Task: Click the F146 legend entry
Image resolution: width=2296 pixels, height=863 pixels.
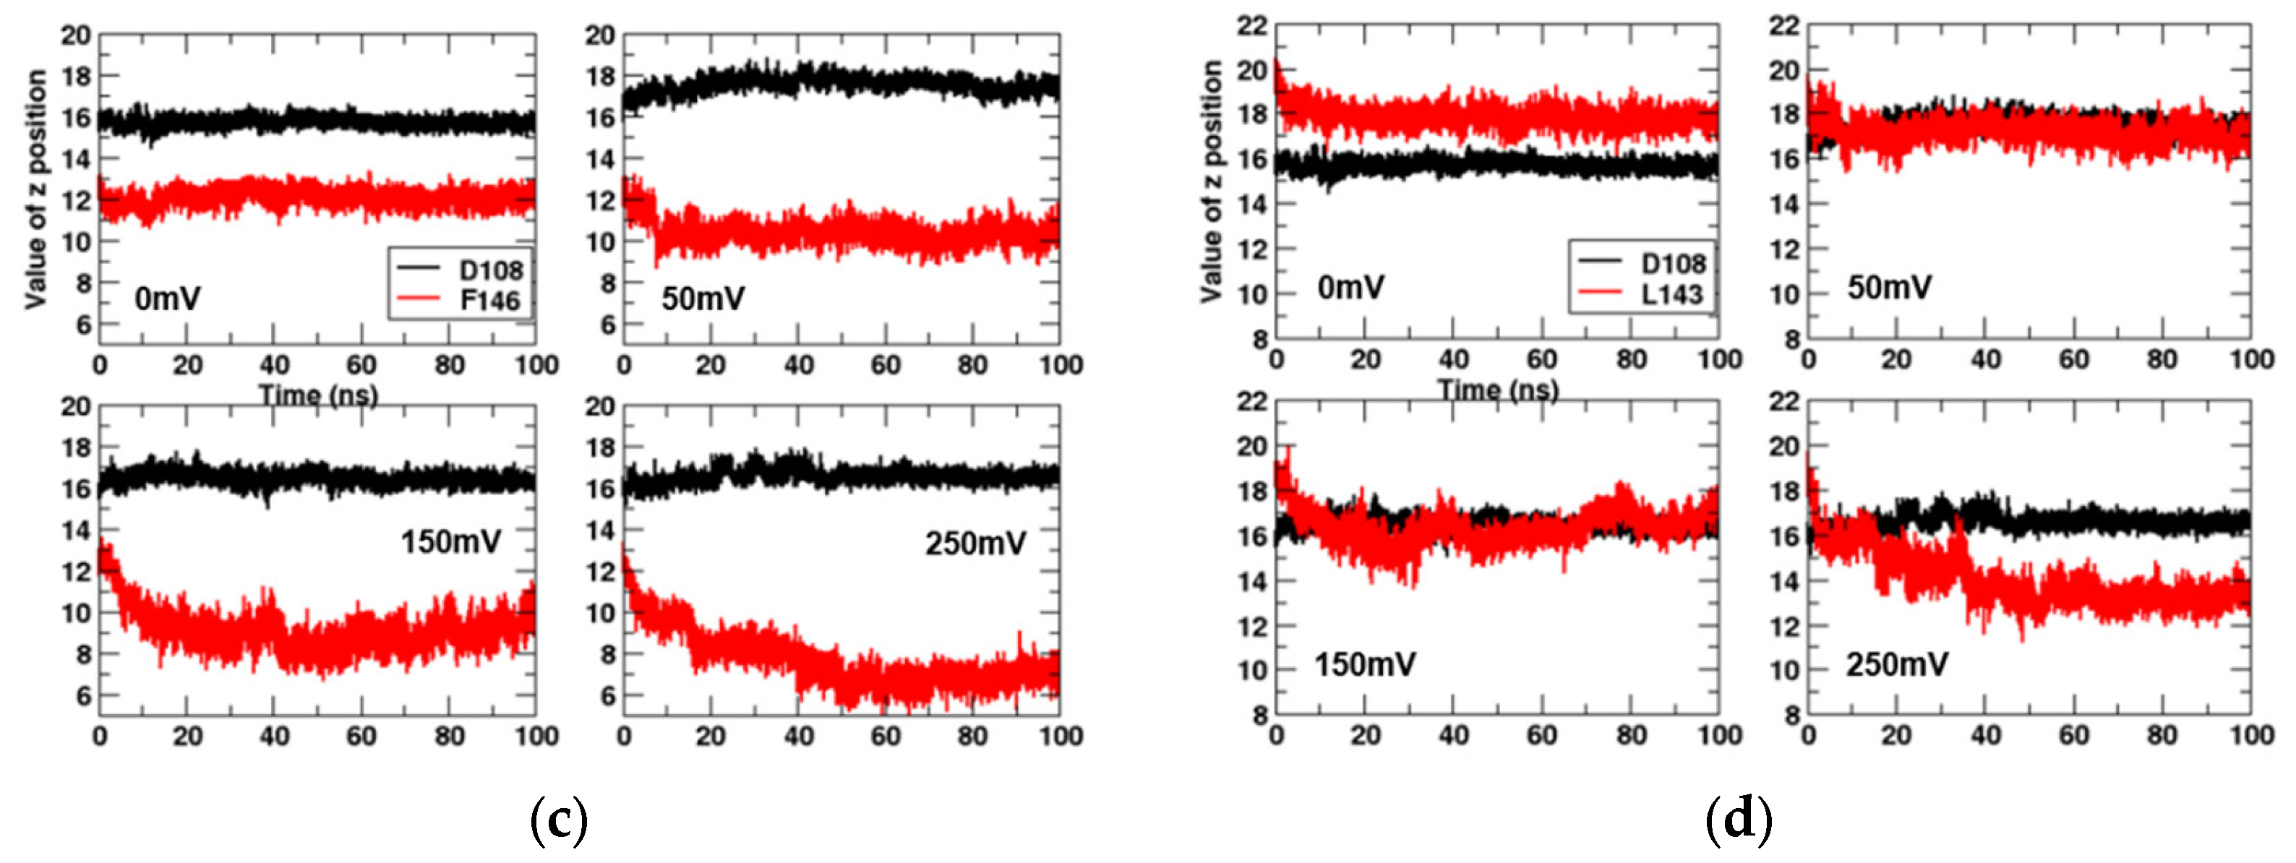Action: (x=489, y=301)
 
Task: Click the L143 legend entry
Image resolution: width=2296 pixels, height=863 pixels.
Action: (x=1672, y=294)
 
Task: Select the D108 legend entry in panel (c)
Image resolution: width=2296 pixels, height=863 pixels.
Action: (x=489, y=270)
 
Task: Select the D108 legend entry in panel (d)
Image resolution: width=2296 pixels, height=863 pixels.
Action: (x=1672, y=263)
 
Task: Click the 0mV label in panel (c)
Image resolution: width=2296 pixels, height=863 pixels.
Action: (x=168, y=298)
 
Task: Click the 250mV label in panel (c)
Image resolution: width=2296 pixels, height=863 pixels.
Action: (x=974, y=543)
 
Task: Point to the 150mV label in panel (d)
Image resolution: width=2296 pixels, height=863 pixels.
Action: (x=1365, y=664)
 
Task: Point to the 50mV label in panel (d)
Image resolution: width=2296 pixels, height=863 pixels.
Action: (x=1889, y=287)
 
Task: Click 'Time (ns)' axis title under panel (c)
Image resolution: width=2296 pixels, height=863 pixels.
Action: (x=318, y=395)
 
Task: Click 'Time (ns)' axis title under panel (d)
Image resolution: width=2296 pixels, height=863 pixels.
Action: (x=1497, y=390)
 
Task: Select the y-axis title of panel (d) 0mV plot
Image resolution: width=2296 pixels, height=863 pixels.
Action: (x=1212, y=182)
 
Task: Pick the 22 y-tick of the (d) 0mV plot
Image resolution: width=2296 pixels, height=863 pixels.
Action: (x=1251, y=26)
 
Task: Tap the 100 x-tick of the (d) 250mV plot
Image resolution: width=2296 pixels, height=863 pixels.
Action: (x=2250, y=736)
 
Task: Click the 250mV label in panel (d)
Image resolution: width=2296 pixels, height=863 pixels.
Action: (x=1897, y=664)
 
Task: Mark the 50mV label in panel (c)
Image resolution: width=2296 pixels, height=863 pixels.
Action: (x=703, y=298)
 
